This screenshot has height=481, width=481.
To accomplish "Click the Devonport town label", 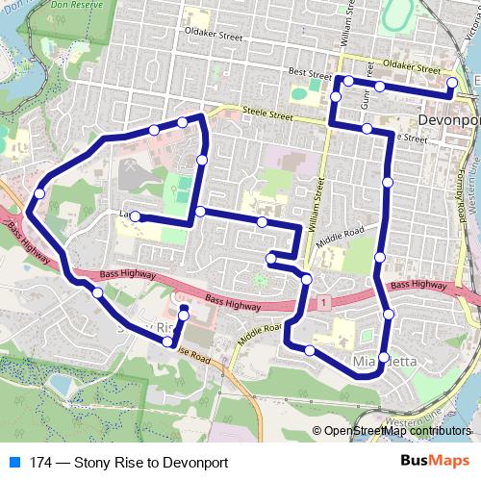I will click(449, 120).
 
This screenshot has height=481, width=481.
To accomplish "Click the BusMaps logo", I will click(436, 462).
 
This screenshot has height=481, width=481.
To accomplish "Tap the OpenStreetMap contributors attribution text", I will click(396, 432).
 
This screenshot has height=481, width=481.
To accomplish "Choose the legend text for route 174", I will click(129, 463).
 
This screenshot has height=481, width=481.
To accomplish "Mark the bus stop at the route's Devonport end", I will click(452, 84).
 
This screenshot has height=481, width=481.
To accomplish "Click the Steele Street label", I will click(266, 114).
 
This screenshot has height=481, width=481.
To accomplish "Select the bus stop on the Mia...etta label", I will click(382, 359).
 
